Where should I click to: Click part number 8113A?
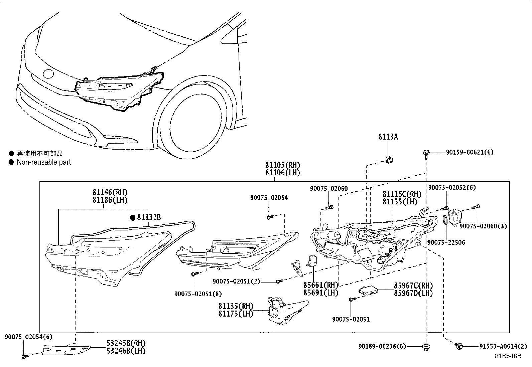[x=388, y=137]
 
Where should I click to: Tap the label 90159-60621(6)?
[x=470, y=153]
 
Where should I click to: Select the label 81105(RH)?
[x=282, y=165]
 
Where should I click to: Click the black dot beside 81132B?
[x=133, y=218]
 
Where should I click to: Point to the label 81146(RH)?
[x=110, y=192]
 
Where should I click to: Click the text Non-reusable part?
[x=44, y=162]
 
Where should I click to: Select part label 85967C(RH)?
[x=413, y=286]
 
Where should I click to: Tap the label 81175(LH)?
[x=236, y=314]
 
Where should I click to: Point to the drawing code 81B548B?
[x=508, y=356]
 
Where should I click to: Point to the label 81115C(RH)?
[x=402, y=194]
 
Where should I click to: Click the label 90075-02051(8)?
[x=198, y=294]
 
